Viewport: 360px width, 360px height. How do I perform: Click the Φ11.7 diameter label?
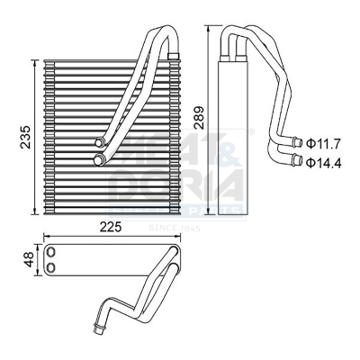pos(322,143)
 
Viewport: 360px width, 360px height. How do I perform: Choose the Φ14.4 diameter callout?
pos(322,162)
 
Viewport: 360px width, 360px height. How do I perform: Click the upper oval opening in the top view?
pos(53,253)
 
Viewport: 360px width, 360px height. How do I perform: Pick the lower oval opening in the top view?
pos(53,267)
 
